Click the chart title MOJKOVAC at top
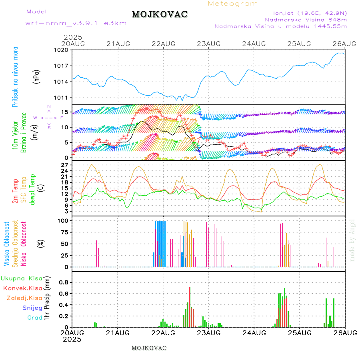click(160, 14)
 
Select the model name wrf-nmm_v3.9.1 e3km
click(76, 23)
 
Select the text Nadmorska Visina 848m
click(306, 19)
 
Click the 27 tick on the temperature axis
click(65, 165)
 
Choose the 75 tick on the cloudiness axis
click(64, 232)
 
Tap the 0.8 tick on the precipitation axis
click(64, 282)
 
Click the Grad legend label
click(34, 318)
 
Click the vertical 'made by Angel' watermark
click(352, 240)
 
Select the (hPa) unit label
click(37, 76)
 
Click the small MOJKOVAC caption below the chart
click(149, 348)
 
